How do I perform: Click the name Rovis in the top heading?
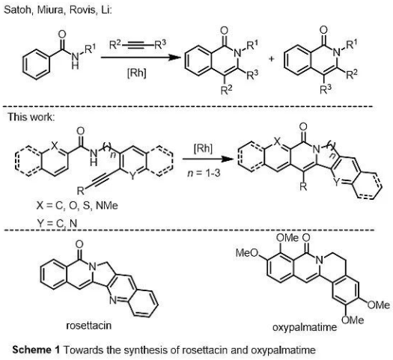82,10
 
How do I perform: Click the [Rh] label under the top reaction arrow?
136,73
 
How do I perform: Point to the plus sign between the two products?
271,59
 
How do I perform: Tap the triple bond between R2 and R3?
138,46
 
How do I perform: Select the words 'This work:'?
31,117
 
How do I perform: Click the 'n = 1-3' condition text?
204,173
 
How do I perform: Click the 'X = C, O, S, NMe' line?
77,206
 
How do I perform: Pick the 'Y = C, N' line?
57,223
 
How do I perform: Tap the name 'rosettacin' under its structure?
89,326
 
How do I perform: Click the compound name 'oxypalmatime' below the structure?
305,328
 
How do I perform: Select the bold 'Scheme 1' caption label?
36,350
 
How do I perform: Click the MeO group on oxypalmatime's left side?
247,253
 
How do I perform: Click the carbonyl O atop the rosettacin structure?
79,245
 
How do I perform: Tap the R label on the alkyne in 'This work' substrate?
80,191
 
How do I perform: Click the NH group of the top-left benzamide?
75,61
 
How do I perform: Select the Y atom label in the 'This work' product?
337,183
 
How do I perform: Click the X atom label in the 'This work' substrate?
55,145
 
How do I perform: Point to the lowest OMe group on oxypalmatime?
353,320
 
